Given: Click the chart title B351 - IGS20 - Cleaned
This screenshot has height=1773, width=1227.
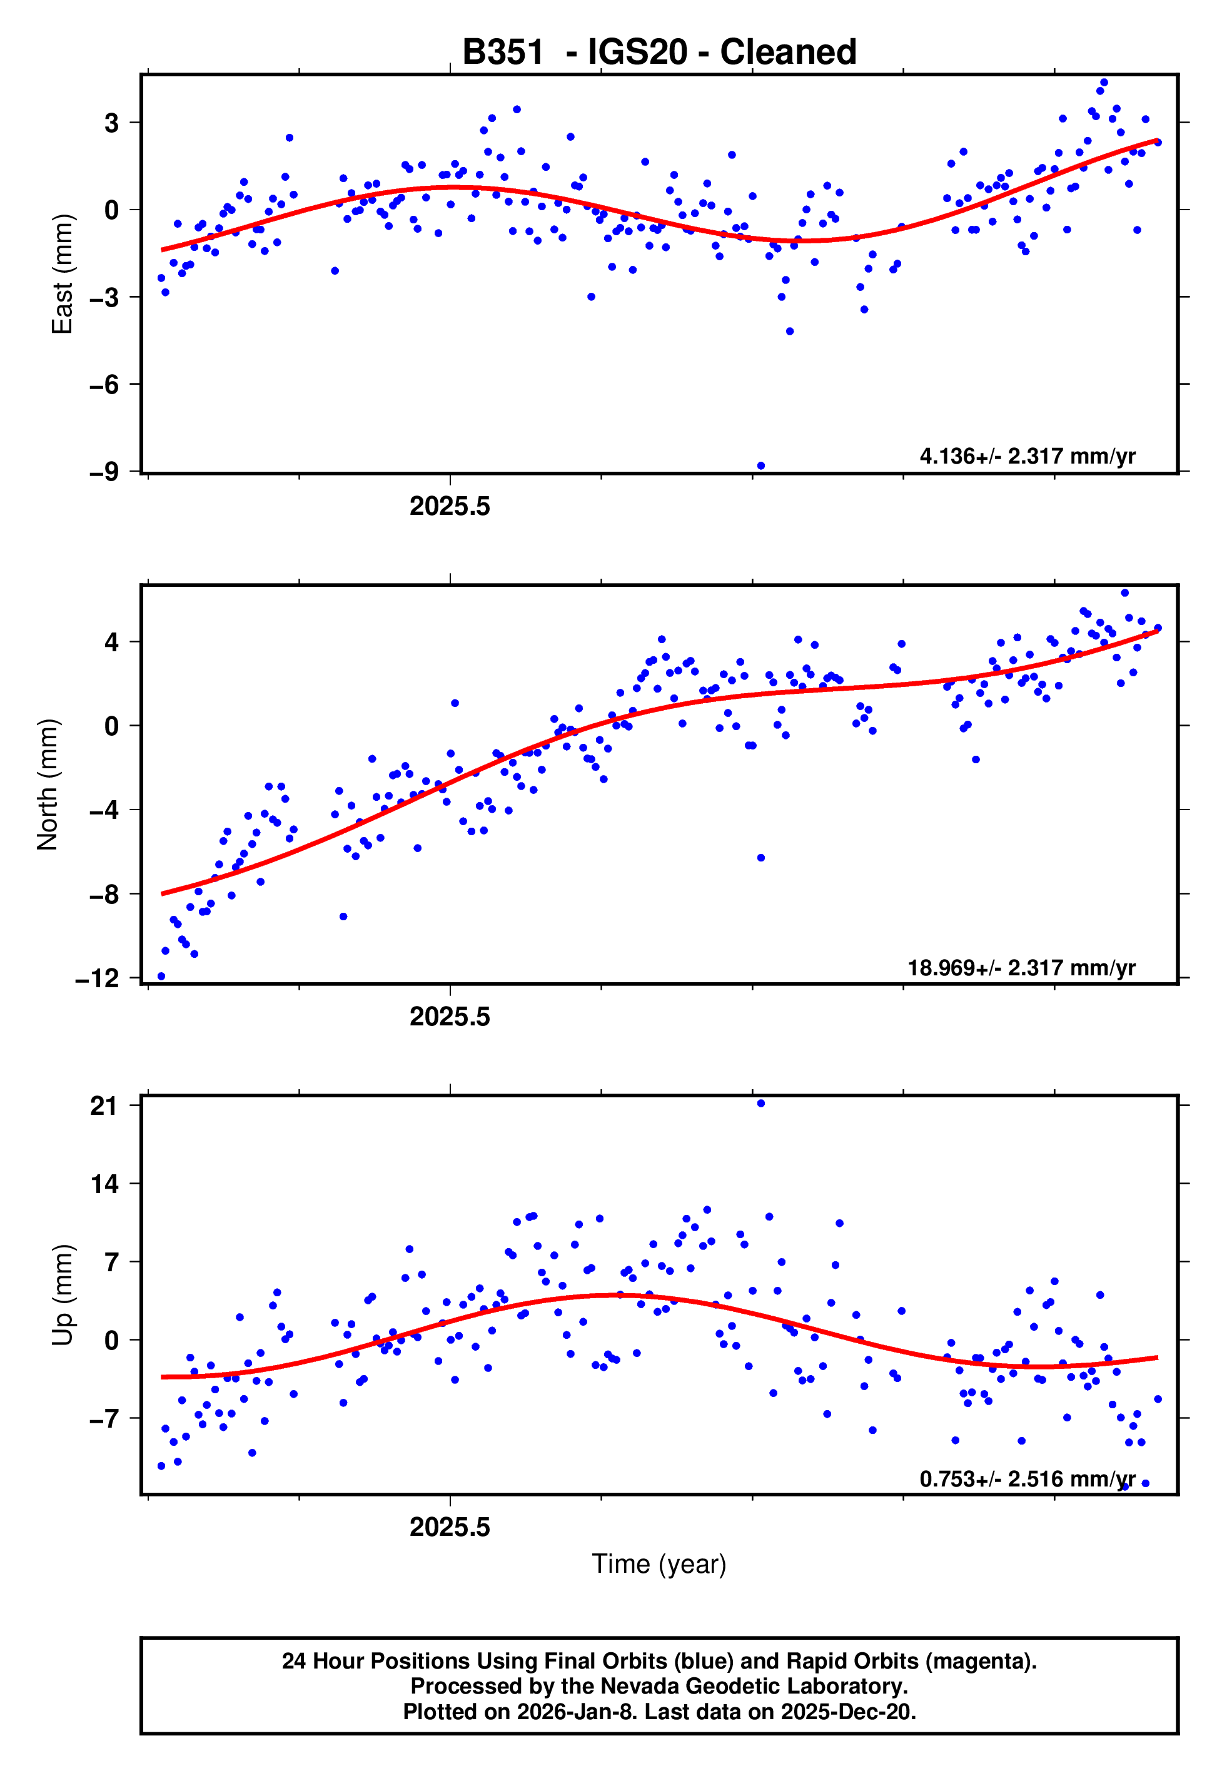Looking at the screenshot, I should click(x=659, y=53).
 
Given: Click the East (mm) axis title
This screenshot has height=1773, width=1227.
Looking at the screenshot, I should click(x=61, y=275).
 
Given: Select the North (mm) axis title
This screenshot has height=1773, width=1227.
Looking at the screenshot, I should click(x=48, y=785).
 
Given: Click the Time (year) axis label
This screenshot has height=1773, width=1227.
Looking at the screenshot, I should click(x=659, y=1564).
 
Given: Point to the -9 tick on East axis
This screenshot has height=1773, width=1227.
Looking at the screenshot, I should click(x=104, y=471).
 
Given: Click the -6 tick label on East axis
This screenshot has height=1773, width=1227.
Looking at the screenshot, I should click(x=104, y=384).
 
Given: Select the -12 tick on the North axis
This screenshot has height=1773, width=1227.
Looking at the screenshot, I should click(x=98, y=978).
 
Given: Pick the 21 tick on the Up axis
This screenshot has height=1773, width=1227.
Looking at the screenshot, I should click(x=104, y=1105).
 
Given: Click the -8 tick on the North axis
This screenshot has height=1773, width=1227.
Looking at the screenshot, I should click(x=104, y=894).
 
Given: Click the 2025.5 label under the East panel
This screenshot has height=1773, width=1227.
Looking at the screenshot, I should click(x=450, y=507).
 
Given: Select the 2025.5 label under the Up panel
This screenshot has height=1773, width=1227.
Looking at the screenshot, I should click(x=450, y=1527).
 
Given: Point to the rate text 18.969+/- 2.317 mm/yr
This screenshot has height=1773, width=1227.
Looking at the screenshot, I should click(x=1021, y=967).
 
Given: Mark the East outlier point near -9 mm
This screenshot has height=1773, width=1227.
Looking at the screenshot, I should click(x=761, y=466).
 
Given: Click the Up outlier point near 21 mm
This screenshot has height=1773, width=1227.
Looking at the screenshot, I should click(x=761, y=1104).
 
